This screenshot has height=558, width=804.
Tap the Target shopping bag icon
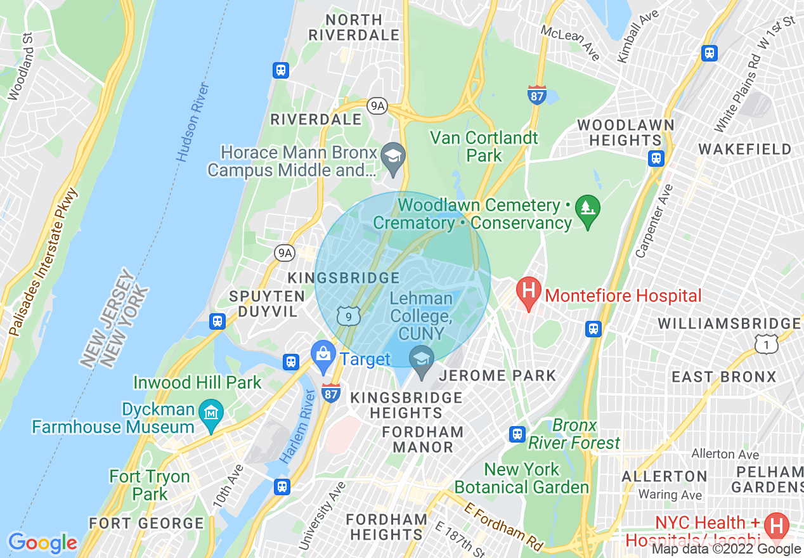click(x=323, y=358)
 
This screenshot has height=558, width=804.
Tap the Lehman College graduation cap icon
click(x=421, y=360)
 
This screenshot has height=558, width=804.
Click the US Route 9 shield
click(x=349, y=315)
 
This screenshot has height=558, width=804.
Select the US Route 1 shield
click(x=766, y=344)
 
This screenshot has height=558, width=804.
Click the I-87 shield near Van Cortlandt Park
click(x=536, y=96)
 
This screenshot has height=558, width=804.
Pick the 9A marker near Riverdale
click(x=377, y=106)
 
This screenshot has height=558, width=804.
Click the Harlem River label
click(x=297, y=426)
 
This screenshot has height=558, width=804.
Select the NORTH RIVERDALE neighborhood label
click(x=354, y=27)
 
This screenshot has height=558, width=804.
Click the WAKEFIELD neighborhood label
click(x=744, y=149)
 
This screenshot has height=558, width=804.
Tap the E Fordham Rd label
click(x=505, y=526)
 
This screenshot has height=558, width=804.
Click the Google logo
click(x=42, y=543)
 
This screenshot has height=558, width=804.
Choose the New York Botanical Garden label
click(x=522, y=478)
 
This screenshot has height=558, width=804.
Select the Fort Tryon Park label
click(x=150, y=485)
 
